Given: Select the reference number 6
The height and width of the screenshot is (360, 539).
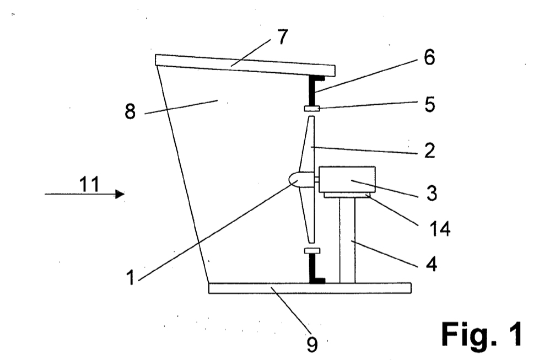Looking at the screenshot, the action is [429, 57].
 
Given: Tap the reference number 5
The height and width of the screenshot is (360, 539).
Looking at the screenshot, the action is [429, 104].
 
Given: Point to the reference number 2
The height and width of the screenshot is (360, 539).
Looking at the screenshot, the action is [429, 151].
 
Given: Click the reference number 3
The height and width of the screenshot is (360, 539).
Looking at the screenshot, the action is [432, 193].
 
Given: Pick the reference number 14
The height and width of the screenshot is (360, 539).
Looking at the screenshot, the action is [440, 228].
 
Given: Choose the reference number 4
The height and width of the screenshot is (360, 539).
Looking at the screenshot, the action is [432, 264].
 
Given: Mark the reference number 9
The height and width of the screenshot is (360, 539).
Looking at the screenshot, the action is [312, 344].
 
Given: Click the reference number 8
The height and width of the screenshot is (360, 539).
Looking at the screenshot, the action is [130, 112].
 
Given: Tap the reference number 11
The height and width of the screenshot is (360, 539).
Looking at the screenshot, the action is [89, 184].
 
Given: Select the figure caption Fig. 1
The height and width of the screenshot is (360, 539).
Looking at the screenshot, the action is [481, 334].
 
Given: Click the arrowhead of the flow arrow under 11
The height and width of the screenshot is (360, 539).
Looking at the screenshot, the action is [120, 194].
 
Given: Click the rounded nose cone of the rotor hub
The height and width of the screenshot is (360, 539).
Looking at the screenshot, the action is [294, 180].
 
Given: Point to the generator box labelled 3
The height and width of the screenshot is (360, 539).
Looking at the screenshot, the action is [347, 179].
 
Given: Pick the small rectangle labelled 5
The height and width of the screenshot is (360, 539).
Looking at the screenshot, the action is [312, 109].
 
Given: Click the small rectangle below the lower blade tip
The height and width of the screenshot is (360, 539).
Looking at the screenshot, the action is [312, 251].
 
